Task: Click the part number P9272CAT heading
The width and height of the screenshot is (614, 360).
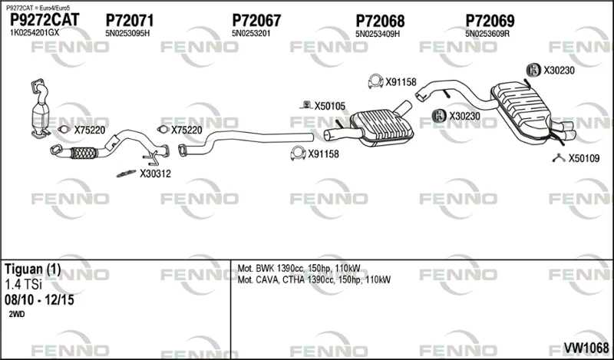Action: point(45,20)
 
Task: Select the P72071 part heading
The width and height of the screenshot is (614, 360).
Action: point(130,21)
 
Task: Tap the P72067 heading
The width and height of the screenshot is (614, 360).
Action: point(256,21)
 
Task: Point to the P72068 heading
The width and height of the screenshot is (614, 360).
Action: point(380,21)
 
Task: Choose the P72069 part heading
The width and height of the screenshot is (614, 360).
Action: point(490,21)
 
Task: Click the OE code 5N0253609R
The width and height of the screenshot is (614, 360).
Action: point(487,34)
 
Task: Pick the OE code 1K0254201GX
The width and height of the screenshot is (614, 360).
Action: point(34,33)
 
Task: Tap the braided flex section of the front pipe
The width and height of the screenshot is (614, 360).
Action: point(84,153)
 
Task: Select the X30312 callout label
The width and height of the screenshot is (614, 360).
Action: point(156,173)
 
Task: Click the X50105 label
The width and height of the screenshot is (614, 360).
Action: point(330,106)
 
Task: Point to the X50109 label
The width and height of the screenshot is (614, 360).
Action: point(584,158)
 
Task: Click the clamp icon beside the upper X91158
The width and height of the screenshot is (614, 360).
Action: point(375,81)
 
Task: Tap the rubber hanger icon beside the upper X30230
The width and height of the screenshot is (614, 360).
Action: point(533,70)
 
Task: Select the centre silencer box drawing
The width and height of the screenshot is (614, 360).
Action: point(381,127)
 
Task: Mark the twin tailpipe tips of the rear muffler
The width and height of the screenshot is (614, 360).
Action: point(564,131)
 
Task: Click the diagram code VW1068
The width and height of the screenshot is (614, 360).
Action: point(586,348)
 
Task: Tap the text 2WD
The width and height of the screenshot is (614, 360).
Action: point(16,314)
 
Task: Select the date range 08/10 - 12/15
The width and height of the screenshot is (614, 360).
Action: point(39,300)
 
